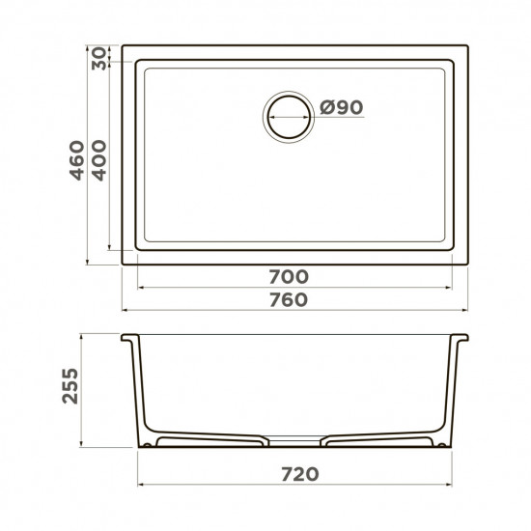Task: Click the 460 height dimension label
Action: [x=77, y=160]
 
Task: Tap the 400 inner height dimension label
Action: [x=99, y=160]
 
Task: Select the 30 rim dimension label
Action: [x=98, y=59]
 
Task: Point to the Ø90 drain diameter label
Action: [x=342, y=107]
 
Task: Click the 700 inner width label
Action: [x=289, y=277]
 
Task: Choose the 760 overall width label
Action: [x=289, y=299]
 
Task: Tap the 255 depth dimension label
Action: [x=70, y=386]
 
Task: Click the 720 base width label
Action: [x=300, y=474]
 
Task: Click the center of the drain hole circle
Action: [x=289, y=117]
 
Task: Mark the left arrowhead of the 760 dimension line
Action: [x=125, y=310]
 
